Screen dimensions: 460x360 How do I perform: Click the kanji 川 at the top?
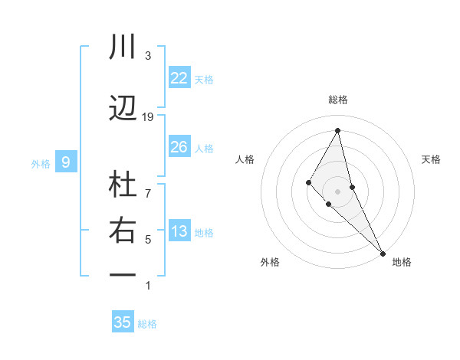tap(123, 47)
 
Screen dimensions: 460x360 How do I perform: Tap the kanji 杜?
tap(123, 185)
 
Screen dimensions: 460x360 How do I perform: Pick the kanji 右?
tap(123, 231)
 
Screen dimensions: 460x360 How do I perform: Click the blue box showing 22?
tap(179, 77)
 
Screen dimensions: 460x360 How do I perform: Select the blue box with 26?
tap(179, 147)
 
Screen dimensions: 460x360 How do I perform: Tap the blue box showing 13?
tap(179, 232)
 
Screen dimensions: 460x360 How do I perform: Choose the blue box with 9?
tap(66, 162)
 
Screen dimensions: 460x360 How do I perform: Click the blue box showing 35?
tap(123, 322)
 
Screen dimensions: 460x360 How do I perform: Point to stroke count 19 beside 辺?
tap(148, 116)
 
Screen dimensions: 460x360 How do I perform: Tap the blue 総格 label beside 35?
tap(147, 324)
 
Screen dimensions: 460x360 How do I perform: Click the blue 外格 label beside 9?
tap(41, 163)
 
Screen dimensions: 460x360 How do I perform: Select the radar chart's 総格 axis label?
tap(337, 100)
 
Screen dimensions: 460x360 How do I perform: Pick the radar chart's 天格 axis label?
tap(432, 159)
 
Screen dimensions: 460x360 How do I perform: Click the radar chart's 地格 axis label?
tap(402, 262)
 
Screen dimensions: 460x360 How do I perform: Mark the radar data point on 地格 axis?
tap(383, 253)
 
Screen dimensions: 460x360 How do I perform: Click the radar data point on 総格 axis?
tap(337, 130)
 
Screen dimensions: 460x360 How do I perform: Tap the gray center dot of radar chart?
tap(337, 191)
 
